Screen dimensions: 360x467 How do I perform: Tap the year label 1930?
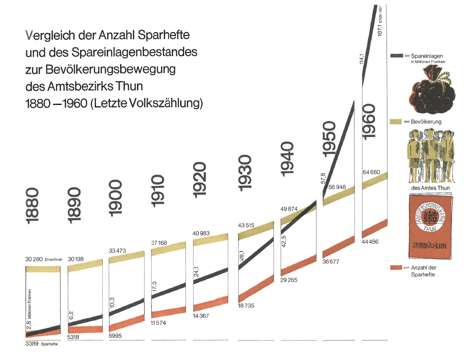pos(245,173)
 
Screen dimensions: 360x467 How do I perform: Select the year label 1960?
pos(370,121)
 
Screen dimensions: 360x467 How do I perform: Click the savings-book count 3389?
pos(32,344)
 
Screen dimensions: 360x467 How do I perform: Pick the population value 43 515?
pos(246,226)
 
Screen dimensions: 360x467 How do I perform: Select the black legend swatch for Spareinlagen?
pos(397,56)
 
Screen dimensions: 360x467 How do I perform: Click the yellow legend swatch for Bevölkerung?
pos(396,121)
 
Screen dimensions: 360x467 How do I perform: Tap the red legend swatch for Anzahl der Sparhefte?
pos(396,267)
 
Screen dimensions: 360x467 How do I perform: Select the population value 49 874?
pos(290,209)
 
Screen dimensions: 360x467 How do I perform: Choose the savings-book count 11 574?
pos(159,323)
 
